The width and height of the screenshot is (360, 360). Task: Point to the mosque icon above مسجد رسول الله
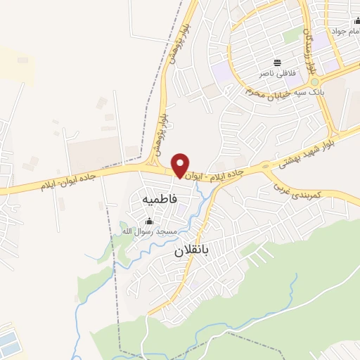(148, 221)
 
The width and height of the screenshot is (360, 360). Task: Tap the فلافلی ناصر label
(276, 73)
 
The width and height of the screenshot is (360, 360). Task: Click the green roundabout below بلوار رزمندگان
(314, 82)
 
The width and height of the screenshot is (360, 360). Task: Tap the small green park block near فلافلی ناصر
(290, 35)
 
